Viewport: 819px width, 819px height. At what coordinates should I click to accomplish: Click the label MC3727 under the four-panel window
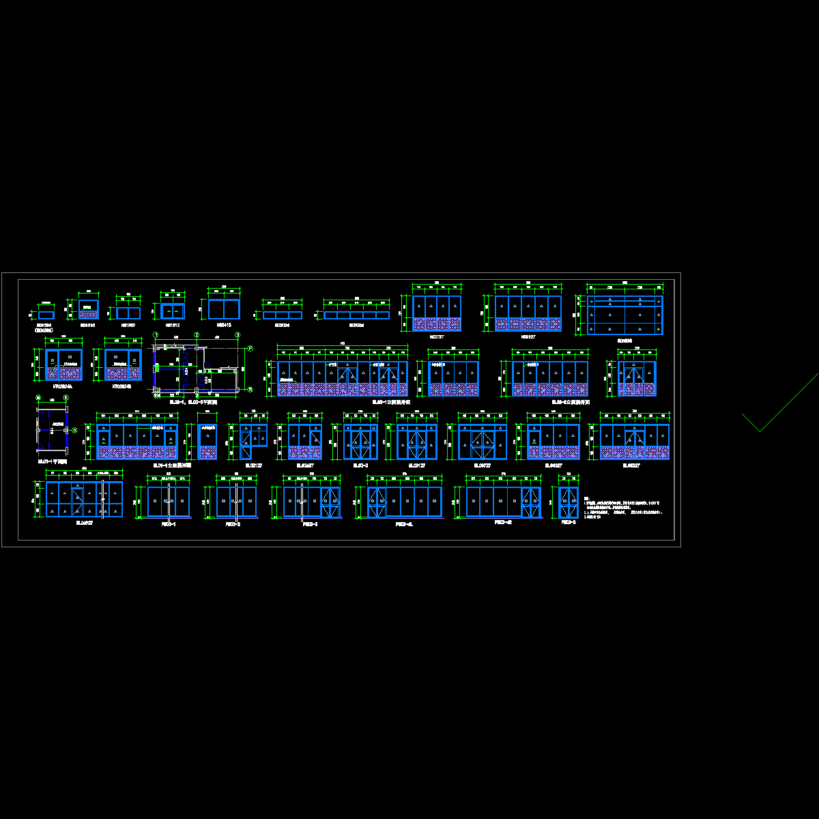(437, 336)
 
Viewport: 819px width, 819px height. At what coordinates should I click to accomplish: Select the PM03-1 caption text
(169, 524)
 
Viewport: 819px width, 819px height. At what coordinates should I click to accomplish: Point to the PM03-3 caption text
(311, 524)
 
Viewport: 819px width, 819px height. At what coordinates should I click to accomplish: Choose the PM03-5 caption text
(569, 522)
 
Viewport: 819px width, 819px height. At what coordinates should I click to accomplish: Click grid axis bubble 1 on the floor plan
(156, 335)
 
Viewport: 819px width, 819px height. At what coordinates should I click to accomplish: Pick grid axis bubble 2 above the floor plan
(197, 335)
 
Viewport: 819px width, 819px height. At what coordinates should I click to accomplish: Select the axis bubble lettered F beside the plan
(250, 349)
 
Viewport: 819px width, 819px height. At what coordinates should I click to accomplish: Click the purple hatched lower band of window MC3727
(437, 324)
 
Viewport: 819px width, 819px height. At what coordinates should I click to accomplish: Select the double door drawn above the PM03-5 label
(569, 502)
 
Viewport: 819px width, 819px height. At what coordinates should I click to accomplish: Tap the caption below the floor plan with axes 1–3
(193, 402)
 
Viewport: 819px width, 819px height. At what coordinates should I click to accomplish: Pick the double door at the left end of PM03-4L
(377, 502)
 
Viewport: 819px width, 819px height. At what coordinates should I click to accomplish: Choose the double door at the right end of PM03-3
(330, 502)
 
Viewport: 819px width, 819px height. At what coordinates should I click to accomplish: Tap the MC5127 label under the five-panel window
(528, 336)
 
